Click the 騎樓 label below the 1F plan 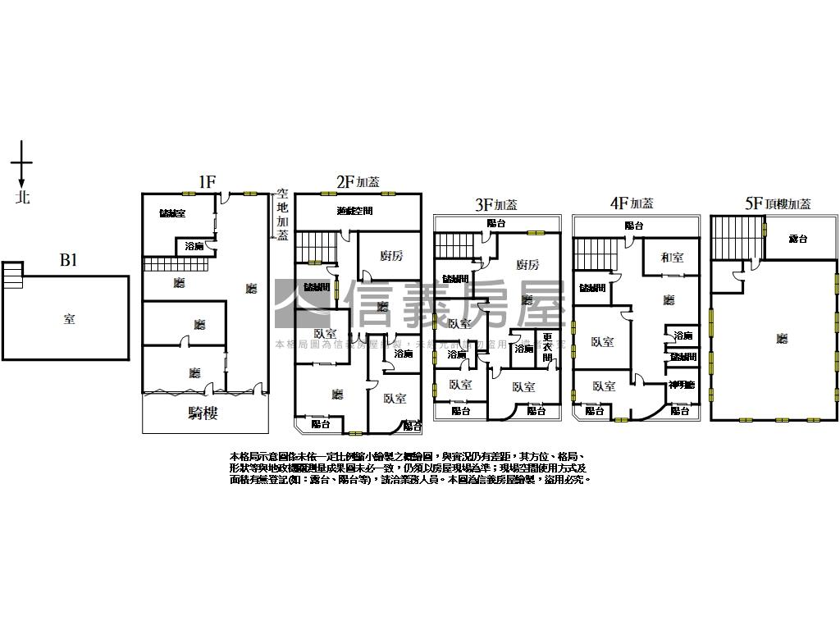pyautogui.click(x=203, y=413)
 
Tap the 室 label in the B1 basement pyautogui.click(x=69, y=319)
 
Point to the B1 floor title pyautogui.click(x=69, y=261)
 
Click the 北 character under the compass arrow pyautogui.click(x=23, y=198)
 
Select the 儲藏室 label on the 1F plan pyautogui.click(x=172, y=213)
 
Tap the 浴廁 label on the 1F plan pyautogui.click(x=194, y=246)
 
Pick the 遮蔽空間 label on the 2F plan pyautogui.click(x=354, y=211)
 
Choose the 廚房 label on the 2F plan pyautogui.click(x=391, y=256)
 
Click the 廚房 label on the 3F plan pyautogui.click(x=527, y=264)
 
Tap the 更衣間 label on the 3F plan pyautogui.click(x=547, y=347)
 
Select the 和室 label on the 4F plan pyautogui.click(x=672, y=258)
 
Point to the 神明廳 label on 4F pyautogui.click(x=681, y=385)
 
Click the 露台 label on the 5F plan pyautogui.click(x=797, y=239)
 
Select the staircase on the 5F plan pyautogui.click(x=728, y=237)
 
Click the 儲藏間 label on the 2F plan pyautogui.click(x=317, y=287)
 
